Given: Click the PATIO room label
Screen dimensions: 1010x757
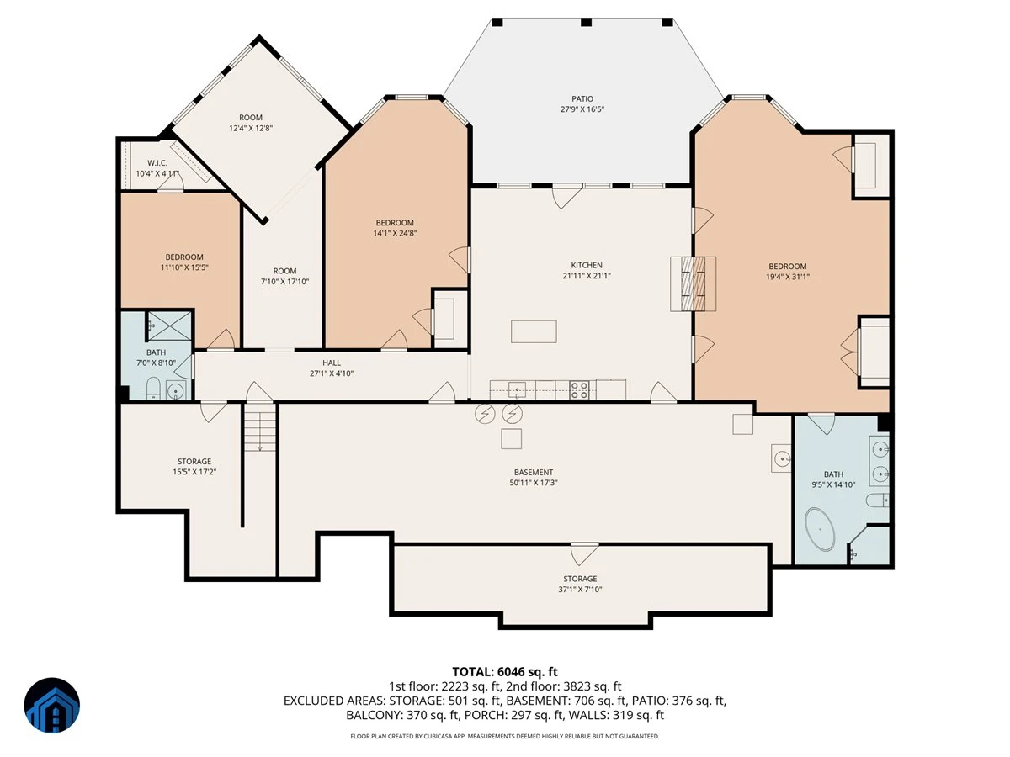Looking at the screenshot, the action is tap(582, 98).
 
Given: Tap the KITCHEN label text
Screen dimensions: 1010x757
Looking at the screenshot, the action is tap(587, 265).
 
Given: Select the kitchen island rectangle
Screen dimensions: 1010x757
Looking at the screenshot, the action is tap(534, 331).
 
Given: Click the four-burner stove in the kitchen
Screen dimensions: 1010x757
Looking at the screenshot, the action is tap(579, 390).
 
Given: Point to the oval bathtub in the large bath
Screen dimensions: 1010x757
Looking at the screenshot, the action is tap(820, 530).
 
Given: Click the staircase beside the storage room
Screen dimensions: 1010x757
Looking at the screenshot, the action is tap(260, 427).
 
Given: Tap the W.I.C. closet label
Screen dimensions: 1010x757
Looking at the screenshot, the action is tap(157, 163).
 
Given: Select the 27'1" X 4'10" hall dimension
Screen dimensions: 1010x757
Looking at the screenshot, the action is tap(332, 373).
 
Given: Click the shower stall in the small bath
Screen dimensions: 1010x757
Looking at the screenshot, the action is tap(169, 326).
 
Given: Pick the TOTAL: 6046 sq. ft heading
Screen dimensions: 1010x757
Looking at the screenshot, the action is tap(505, 672).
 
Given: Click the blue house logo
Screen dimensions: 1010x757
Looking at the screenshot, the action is tap(52, 705).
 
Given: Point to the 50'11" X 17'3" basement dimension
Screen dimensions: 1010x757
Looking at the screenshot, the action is tap(534, 483).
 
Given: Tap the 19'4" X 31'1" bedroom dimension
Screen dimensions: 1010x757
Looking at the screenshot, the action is tap(787, 277).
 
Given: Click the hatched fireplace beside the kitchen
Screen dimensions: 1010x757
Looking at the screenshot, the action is tap(693, 283).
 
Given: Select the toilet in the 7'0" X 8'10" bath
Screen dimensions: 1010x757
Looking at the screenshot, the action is tap(153, 389).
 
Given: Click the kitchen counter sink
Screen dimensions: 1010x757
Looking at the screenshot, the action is tap(517, 390).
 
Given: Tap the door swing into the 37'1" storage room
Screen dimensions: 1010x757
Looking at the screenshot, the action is tap(584, 553).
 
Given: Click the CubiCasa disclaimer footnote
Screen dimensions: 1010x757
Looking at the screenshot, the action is tap(505, 736).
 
